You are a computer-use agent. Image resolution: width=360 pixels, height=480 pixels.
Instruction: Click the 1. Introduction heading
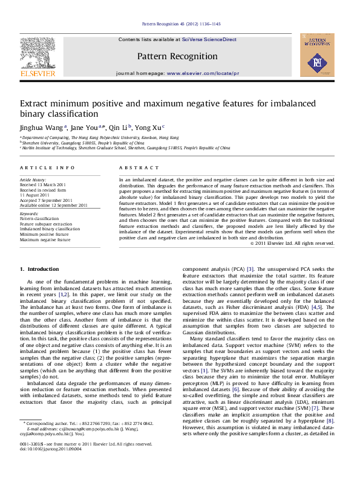click(x=39, y=268)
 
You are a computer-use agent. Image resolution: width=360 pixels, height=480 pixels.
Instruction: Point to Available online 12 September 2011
click(x=54, y=205)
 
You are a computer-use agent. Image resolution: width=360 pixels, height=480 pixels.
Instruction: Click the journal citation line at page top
click(x=181, y=24)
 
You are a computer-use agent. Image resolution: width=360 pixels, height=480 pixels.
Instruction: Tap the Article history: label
click(x=33, y=180)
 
